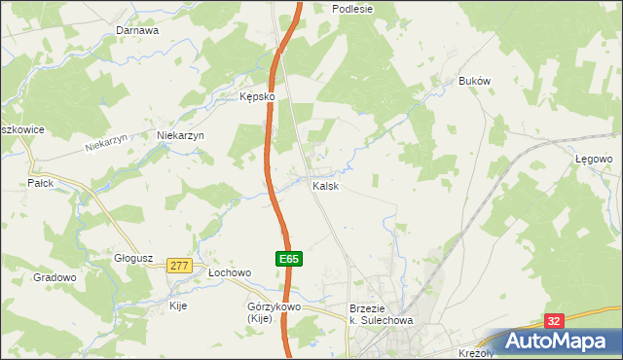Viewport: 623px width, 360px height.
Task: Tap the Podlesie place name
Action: tap(352, 8)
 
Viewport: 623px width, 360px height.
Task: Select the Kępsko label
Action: tap(259, 97)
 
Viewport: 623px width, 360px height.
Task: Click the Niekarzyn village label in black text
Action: tap(180, 136)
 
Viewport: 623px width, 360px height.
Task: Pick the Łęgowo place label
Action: tap(593, 158)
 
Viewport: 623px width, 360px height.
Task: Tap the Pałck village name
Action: tap(40, 183)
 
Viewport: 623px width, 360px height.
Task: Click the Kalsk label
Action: tap(325, 186)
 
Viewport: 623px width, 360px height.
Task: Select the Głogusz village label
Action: tap(133, 258)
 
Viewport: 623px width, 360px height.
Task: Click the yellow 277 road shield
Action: tap(178, 266)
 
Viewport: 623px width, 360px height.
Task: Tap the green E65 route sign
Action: tap(289, 260)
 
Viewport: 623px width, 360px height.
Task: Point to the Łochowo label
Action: tap(230, 273)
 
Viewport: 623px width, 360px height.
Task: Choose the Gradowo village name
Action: tap(55, 277)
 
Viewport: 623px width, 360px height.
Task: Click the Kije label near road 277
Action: tap(177, 306)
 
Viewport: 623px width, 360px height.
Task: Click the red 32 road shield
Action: tap(554, 320)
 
